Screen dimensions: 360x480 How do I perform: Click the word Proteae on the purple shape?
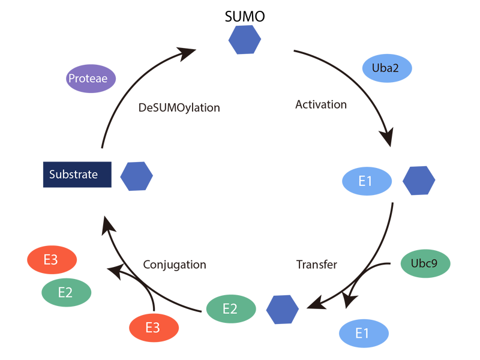pos(88,78)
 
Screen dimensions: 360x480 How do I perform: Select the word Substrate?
pos(73,175)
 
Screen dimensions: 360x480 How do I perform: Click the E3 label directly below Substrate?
pos(50,260)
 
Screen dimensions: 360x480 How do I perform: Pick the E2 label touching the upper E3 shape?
pos(65,293)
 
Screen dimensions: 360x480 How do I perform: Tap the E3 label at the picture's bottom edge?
pos(153,328)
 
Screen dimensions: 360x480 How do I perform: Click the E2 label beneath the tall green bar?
pos(230,309)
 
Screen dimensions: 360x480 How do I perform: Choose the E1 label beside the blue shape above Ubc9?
pos(366,181)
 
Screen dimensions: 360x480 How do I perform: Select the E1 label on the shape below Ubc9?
pos(362,333)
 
